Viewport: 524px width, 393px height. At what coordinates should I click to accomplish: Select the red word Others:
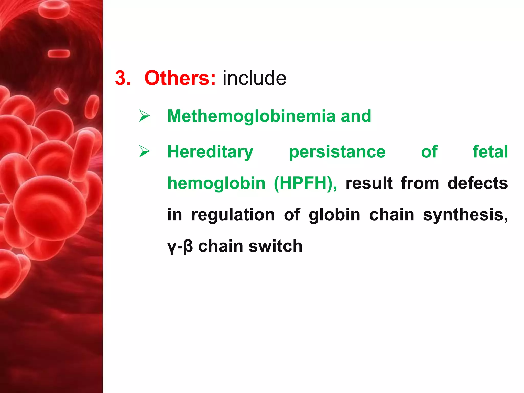tap(180, 78)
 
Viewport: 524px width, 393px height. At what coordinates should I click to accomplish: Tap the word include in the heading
tap(254, 78)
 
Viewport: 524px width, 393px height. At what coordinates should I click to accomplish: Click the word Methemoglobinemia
tap(251, 116)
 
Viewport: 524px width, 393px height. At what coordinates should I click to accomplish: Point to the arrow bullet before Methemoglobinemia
tap(144, 116)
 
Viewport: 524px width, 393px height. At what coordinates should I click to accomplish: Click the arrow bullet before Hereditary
tap(144, 151)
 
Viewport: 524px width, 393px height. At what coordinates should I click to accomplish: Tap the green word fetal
tap(490, 151)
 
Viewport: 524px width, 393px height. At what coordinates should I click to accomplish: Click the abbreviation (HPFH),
tap(305, 183)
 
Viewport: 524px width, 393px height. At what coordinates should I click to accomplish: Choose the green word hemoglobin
tap(216, 183)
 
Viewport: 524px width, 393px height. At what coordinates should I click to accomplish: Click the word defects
tap(477, 183)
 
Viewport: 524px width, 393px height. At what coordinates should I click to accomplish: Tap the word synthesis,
tap(465, 215)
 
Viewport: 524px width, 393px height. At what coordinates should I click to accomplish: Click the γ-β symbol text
tap(180, 246)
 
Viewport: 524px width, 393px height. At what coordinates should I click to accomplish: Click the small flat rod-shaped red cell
tap(59, 53)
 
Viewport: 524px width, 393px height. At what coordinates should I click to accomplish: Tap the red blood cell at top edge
tap(54, 9)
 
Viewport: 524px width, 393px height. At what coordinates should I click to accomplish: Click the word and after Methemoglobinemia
tap(356, 116)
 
